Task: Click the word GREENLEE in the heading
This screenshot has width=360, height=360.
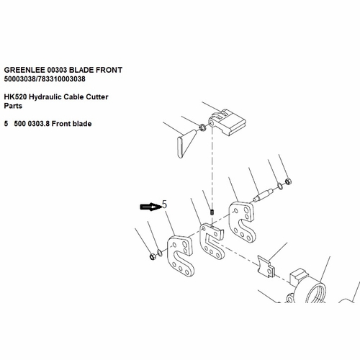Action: [24, 70]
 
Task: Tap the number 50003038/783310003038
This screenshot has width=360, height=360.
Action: [45, 79]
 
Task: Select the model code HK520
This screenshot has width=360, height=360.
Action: [15, 97]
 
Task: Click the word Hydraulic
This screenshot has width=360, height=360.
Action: [45, 97]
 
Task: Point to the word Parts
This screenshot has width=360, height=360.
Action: [13, 106]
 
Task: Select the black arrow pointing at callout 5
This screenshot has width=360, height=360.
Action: [150, 207]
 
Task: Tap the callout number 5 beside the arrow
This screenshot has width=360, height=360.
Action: [164, 204]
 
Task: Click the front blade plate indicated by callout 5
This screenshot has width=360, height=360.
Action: [181, 256]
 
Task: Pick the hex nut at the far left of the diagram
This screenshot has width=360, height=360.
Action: [152, 257]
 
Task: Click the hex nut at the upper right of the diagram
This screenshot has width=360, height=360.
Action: [288, 181]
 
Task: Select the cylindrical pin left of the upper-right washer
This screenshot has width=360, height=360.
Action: [263, 195]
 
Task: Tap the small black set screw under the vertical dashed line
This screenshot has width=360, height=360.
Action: [212, 212]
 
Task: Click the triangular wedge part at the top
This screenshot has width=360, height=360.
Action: [186, 143]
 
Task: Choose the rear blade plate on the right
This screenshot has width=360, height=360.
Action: [242, 221]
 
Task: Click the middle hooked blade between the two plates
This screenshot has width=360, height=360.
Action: [211, 241]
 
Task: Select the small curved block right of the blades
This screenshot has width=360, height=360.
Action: [266, 267]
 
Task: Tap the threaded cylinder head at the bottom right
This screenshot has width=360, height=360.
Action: [307, 287]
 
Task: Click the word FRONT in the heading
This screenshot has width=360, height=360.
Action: [109, 70]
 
